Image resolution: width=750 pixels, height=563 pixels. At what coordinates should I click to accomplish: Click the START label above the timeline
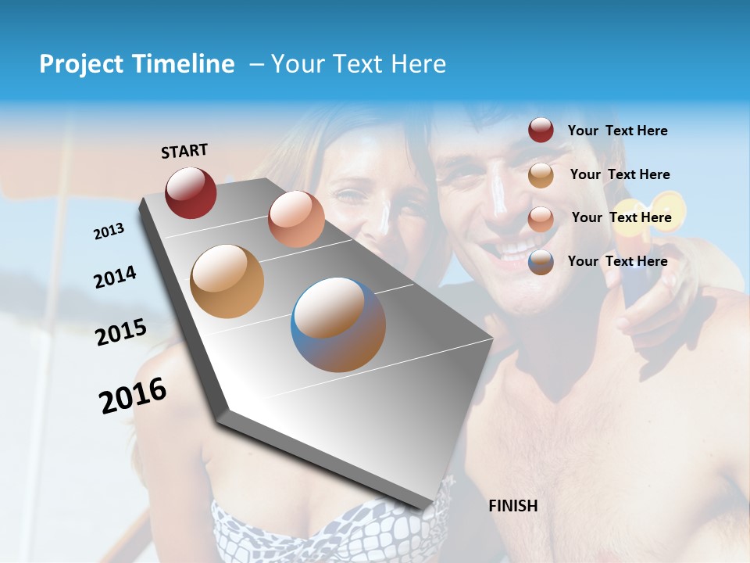coord(184,151)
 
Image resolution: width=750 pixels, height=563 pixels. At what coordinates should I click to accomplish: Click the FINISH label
coord(513,506)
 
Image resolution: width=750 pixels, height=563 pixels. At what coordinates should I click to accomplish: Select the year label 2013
coord(109,231)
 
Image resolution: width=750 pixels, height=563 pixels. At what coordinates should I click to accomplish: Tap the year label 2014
coord(115,277)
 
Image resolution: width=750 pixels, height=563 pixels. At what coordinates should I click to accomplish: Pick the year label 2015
coord(121,332)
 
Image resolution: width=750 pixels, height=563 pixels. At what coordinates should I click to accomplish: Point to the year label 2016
coord(133,396)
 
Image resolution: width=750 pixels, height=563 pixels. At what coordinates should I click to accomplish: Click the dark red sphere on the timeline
coord(191,192)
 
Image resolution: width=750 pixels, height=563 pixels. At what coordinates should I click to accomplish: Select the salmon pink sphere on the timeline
coord(296,219)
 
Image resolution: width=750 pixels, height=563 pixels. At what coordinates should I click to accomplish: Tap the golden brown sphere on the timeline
coord(227,281)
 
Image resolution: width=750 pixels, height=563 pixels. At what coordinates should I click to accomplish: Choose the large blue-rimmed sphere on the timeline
coord(338,325)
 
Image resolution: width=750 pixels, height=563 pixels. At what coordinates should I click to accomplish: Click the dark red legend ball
coord(541,131)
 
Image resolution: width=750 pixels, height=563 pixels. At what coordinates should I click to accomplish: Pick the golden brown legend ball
coord(541,175)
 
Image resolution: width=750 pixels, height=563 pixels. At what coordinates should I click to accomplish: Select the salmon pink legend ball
coord(541,219)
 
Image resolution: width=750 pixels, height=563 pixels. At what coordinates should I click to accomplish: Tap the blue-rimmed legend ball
coord(541,263)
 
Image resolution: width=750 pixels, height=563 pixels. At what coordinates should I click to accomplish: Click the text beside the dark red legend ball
coord(617,131)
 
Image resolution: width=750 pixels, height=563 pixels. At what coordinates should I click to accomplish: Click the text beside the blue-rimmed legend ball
coord(617,261)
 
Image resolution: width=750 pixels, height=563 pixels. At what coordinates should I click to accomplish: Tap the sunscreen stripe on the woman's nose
coord(383,217)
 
